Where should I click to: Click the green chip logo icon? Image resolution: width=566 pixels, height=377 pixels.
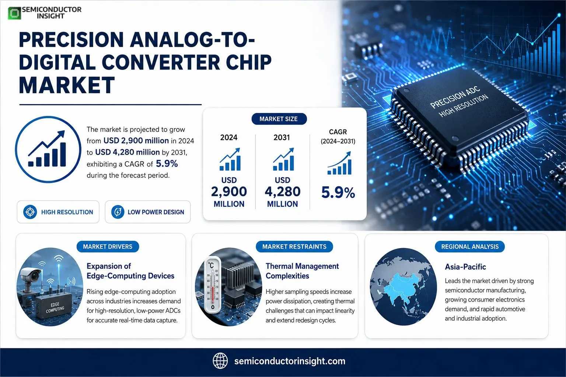(14, 13)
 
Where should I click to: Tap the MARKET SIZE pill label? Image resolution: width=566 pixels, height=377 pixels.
(279, 119)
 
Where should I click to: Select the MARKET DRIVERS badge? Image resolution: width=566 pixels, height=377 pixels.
(108, 246)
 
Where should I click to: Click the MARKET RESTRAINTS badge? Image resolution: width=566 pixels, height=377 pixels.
(294, 246)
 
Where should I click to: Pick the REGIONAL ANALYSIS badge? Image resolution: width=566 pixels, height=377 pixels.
(470, 246)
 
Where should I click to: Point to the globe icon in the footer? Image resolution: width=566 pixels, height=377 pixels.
(220, 361)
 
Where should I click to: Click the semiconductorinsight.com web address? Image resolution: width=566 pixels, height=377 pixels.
(290, 361)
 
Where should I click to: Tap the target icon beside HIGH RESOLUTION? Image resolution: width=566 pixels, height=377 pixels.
(30, 212)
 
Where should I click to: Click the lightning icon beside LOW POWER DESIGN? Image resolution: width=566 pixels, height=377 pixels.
(118, 212)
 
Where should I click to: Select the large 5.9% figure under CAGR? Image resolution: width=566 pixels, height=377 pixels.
(338, 193)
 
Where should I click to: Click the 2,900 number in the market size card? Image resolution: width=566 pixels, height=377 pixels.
(229, 191)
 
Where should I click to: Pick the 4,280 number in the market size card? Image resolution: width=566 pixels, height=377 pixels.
(283, 191)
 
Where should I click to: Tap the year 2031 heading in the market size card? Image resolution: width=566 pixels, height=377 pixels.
(282, 137)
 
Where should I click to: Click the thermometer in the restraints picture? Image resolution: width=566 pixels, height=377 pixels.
(212, 285)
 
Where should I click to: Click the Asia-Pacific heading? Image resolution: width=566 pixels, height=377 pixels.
(465, 267)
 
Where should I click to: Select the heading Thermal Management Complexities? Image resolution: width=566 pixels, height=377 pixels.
(302, 271)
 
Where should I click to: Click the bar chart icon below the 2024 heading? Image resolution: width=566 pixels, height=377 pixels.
(230, 159)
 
